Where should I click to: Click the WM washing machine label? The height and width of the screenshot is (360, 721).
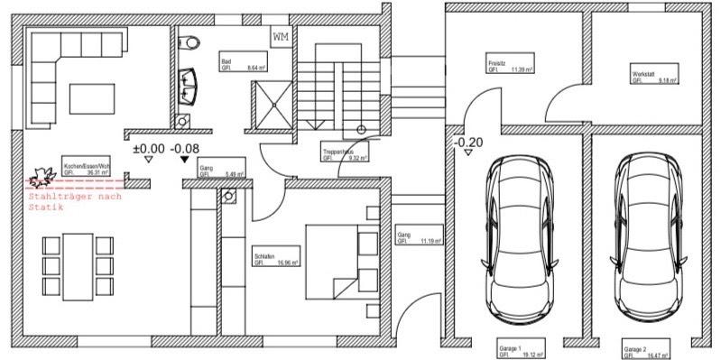[x=281, y=37]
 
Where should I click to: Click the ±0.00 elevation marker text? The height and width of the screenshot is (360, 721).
[x=149, y=147]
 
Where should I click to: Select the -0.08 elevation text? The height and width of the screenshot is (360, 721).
[x=185, y=147]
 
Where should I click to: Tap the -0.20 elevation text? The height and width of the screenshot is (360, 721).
[x=467, y=142]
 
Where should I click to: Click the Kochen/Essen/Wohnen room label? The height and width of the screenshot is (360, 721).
[x=86, y=170]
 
